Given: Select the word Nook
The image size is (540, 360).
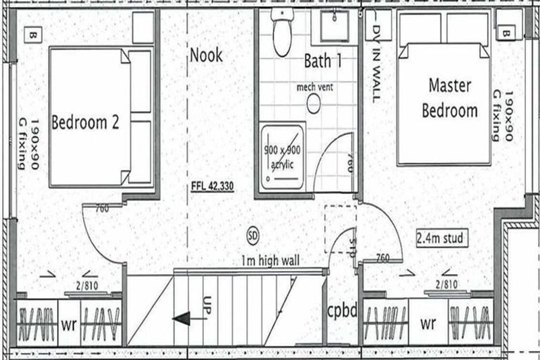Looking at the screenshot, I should [x=205, y=55].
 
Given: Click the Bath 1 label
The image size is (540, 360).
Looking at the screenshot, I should [x=323, y=61].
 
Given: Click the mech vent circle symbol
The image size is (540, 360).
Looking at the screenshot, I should [x=314, y=104].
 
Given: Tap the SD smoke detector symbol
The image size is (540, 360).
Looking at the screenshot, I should [x=253, y=233].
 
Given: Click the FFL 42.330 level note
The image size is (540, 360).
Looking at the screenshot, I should [x=212, y=187].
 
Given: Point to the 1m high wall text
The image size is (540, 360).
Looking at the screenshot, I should [x=269, y=261].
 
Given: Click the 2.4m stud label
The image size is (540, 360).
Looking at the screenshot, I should [x=440, y=238].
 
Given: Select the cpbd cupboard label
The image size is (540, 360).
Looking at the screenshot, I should [x=343, y=310].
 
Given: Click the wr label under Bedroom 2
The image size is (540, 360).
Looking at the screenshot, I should [x=69, y=326].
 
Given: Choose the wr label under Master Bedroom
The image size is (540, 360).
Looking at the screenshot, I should [x=428, y=326].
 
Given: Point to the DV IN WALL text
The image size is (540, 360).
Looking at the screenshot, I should [x=375, y=56].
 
